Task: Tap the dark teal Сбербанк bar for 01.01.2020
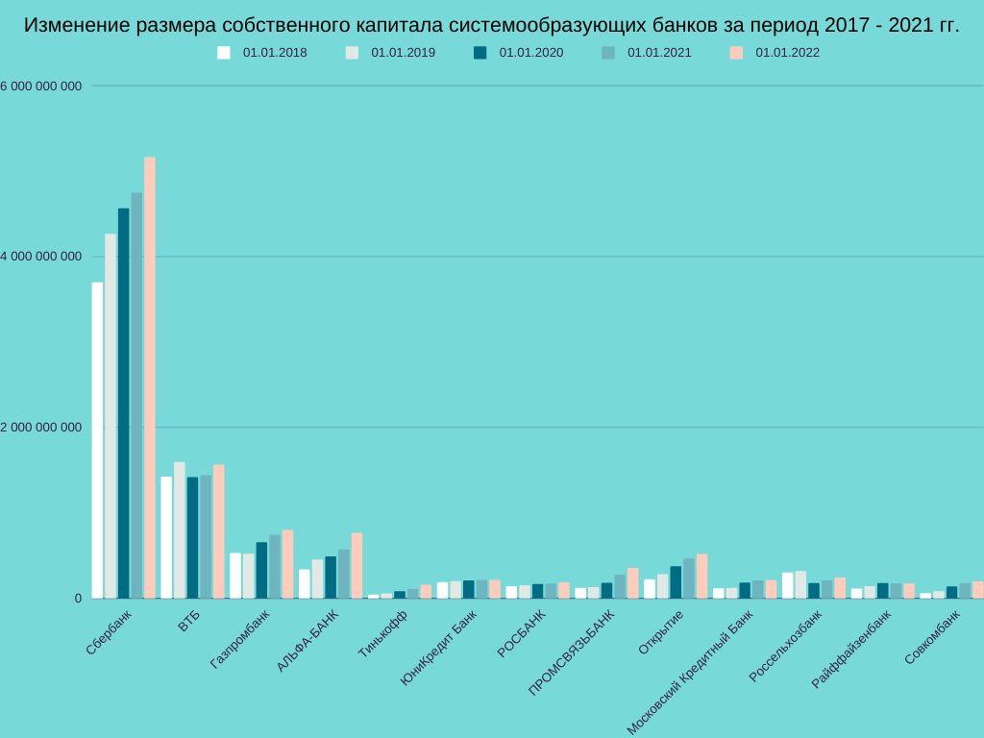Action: click(123, 404)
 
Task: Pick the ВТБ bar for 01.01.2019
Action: click(180, 530)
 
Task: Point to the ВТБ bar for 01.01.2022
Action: click(219, 531)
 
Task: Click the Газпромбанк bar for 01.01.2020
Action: click(261, 570)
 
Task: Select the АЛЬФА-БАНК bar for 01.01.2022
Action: click(357, 566)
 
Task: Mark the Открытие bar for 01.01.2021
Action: click(689, 578)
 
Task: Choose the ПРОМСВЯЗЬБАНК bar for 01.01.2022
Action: click(632, 583)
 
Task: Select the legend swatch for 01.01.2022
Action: click(736, 53)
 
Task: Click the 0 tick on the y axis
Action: click(78, 599)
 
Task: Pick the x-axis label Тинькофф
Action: click(382, 634)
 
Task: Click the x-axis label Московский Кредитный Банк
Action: click(690, 673)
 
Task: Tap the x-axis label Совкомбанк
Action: click(932, 636)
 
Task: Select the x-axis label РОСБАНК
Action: click(521, 634)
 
